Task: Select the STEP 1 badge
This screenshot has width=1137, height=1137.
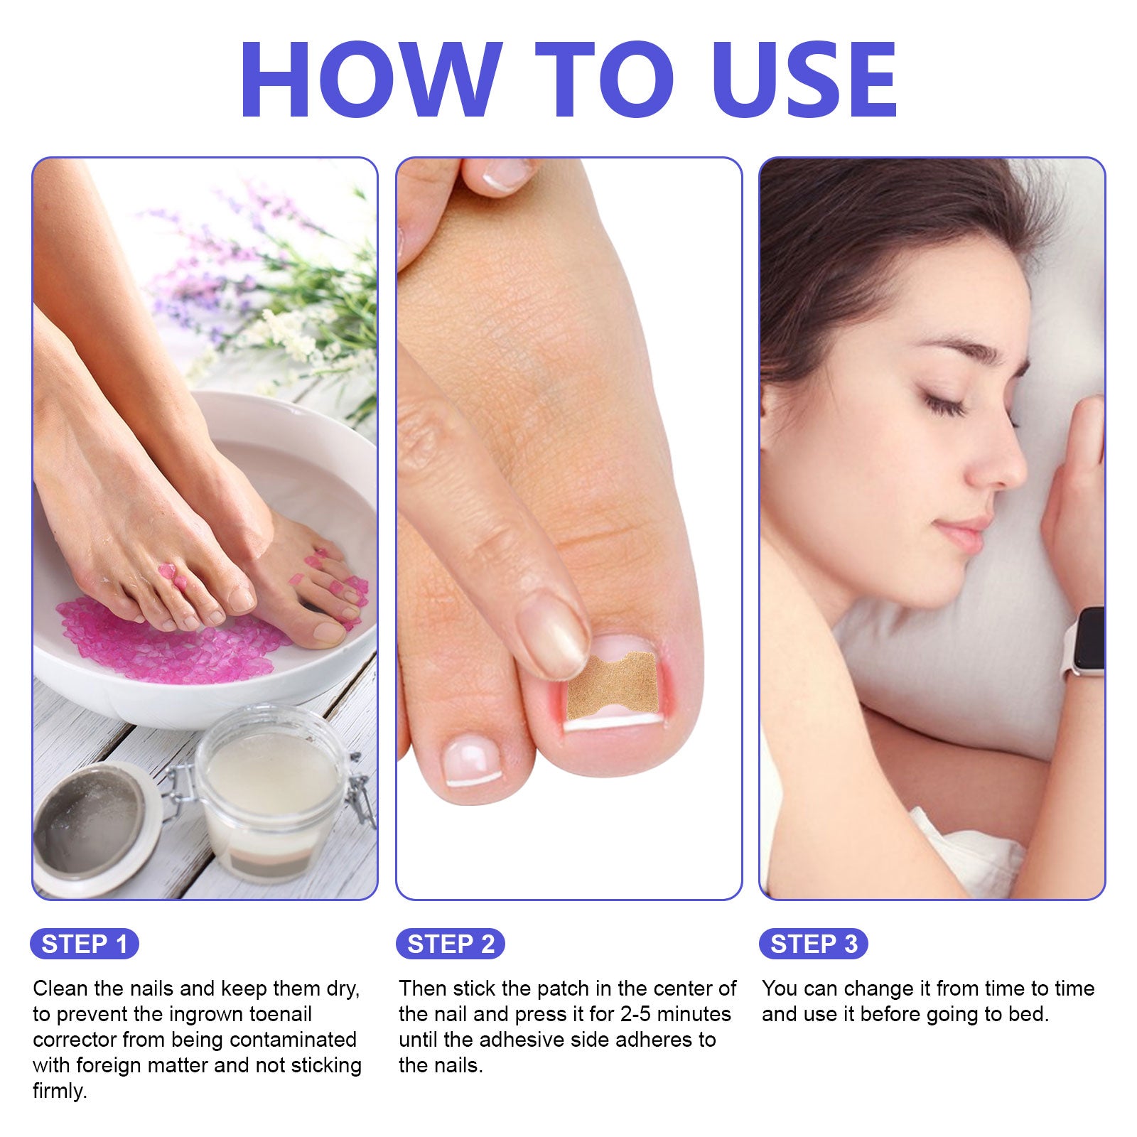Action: coord(85,944)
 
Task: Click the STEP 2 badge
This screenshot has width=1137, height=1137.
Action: coord(451,944)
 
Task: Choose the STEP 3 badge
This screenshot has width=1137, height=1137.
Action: coord(814,944)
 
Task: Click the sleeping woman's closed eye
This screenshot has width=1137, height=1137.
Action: coord(946,405)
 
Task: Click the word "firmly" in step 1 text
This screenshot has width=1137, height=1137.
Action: coord(60,1091)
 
